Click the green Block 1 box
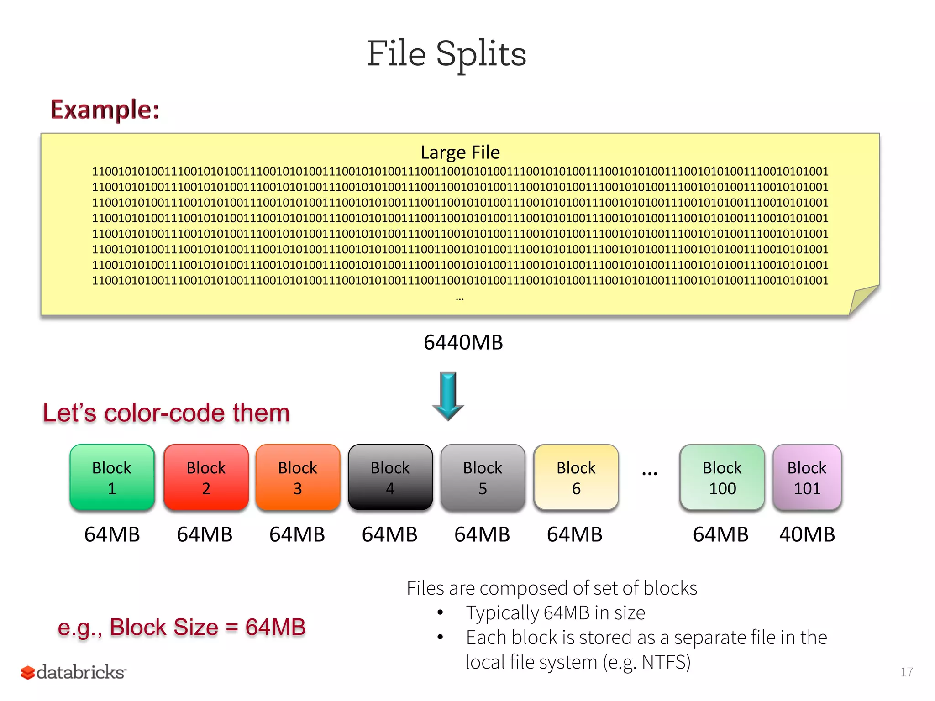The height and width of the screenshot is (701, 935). pos(112,477)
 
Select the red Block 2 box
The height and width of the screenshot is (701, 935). pos(206,477)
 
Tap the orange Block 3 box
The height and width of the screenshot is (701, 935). pos(298,477)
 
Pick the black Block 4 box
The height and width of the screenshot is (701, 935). pos(390,477)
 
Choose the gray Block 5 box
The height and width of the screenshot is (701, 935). pos(483,477)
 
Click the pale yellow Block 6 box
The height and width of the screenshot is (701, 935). pos(576,477)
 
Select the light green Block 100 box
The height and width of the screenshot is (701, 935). pos(722,477)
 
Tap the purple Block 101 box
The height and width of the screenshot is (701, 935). pos(807,477)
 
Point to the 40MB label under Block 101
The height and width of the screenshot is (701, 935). pos(807,534)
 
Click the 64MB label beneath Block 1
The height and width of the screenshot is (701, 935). pos(112,534)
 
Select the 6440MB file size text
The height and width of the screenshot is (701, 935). pos(463,342)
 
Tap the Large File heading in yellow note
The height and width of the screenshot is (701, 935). pos(460,152)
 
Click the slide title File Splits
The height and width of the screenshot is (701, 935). pos(446,54)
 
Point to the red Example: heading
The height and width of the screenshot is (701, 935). pos(105,110)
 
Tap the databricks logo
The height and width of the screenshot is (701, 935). pos(73,672)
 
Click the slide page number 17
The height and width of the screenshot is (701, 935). pos(906,672)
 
